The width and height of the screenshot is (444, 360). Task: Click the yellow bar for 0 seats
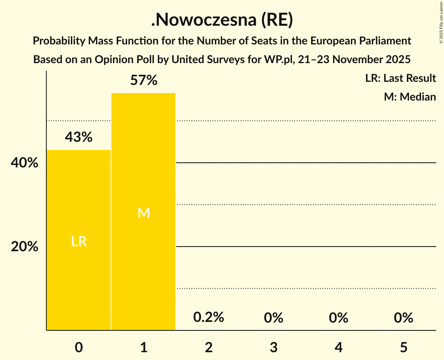pyautogui.click(x=79, y=240)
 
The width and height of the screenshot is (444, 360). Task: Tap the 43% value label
pyautogui.click(x=79, y=137)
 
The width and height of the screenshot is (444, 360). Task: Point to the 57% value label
pyautogui.click(x=143, y=81)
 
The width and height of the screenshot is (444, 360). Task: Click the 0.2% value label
pyautogui.click(x=209, y=317)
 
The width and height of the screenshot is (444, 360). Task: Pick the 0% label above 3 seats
pyautogui.click(x=273, y=318)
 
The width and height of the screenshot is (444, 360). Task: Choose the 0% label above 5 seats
pyautogui.click(x=403, y=318)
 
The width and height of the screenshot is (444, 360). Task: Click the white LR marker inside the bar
pyautogui.click(x=79, y=242)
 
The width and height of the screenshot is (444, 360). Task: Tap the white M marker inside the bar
pyautogui.click(x=143, y=213)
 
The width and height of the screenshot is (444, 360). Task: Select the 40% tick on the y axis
pyautogui.click(x=25, y=163)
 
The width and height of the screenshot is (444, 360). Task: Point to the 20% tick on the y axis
pyautogui.click(x=25, y=247)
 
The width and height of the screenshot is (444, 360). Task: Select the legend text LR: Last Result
pyautogui.click(x=400, y=78)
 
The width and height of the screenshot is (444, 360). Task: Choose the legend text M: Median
pyautogui.click(x=410, y=97)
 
